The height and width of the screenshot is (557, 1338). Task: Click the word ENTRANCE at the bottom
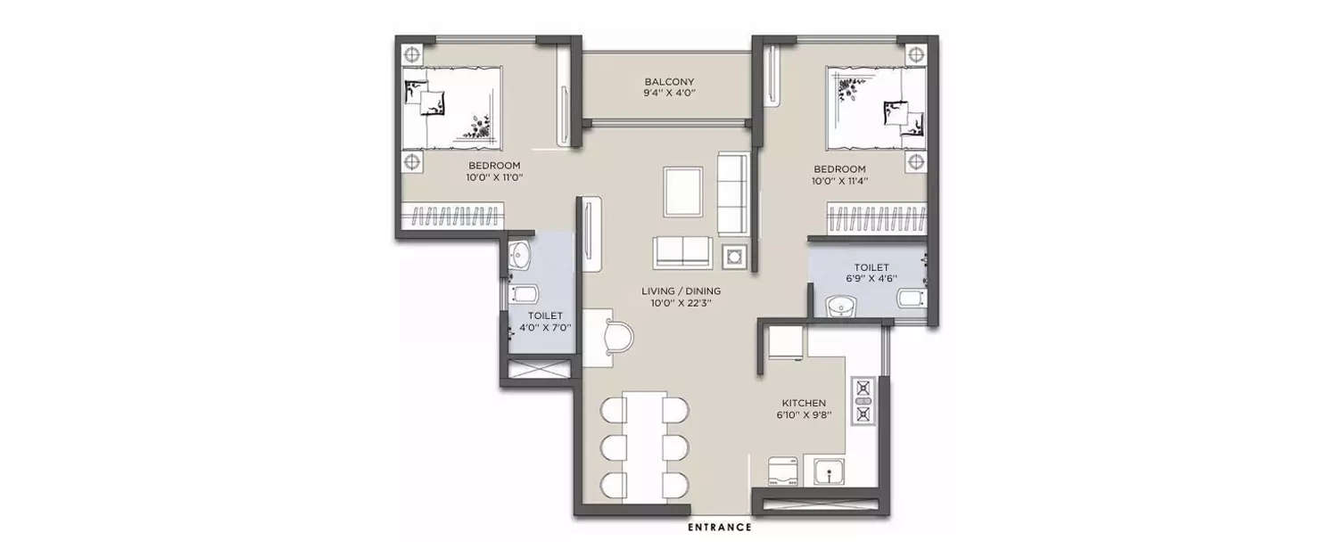point(719,528)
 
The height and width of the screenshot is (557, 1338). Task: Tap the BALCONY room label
point(669,82)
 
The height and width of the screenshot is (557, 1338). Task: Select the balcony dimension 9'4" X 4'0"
point(669,94)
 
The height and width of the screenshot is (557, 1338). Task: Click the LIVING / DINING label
point(681,291)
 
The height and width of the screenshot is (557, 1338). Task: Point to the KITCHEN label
point(804,403)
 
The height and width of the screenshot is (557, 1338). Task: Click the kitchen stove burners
point(863,400)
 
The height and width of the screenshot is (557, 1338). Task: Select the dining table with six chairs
point(645,443)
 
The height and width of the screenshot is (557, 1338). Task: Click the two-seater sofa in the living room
point(682,252)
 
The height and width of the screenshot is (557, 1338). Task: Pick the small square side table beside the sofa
point(733,257)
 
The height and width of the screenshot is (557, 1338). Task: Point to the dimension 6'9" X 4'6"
point(871,278)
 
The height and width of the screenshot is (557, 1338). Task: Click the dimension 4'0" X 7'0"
point(545,327)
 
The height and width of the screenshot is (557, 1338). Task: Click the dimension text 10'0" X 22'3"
point(681,303)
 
